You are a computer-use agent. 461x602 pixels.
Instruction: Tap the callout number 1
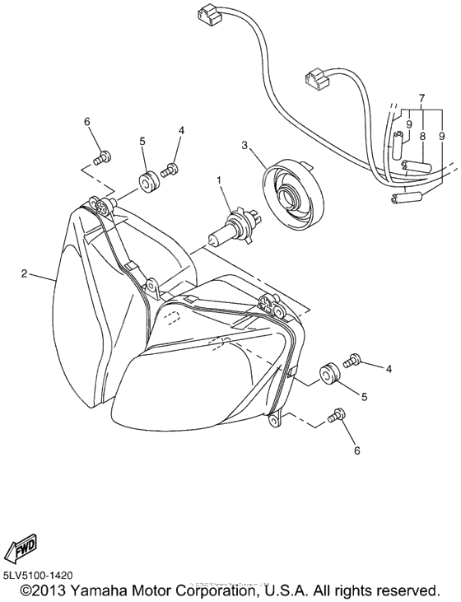point(219,179)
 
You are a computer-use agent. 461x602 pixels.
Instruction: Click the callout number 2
point(25,273)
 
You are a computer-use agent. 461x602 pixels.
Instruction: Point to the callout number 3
point(244,146)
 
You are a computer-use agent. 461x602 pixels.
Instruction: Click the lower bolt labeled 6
point(336,418)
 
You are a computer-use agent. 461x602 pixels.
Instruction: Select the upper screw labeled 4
point(170,169)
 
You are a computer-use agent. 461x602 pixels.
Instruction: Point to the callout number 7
point(421,98)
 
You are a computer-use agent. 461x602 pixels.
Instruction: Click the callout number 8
point(421,136)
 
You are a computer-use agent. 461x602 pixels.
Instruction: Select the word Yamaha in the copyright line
point(95,591)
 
